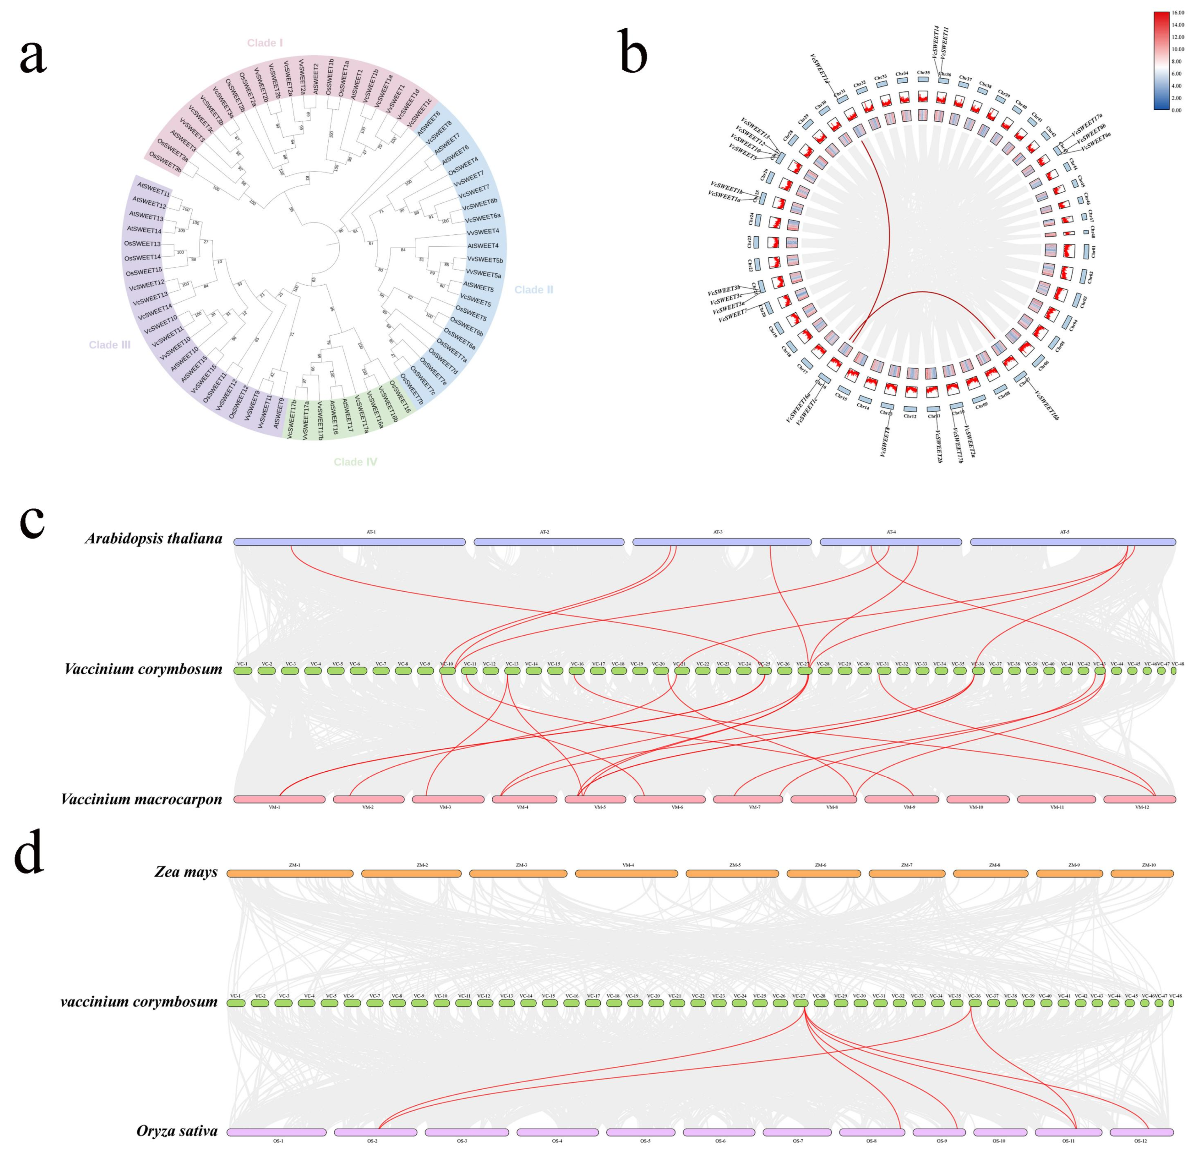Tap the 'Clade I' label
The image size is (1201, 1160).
pyautogui.click(x=265, y=43)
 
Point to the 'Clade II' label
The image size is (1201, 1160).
pyautogui.click(x=533, y=290)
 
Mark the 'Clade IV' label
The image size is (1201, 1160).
pyautogui.click(x=355, y=462)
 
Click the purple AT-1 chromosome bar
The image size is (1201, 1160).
pyautogui.click(x=349, y=542)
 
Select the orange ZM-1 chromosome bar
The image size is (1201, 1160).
pyautogui.click(x=290, y=873)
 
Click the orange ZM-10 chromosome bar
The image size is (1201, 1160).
pyautogui.click(x=1142, y=873)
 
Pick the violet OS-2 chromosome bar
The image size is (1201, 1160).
pyautogui.click(x=375, y=1133)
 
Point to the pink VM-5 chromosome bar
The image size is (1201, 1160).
pyautogui.click(x=595, y=799)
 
